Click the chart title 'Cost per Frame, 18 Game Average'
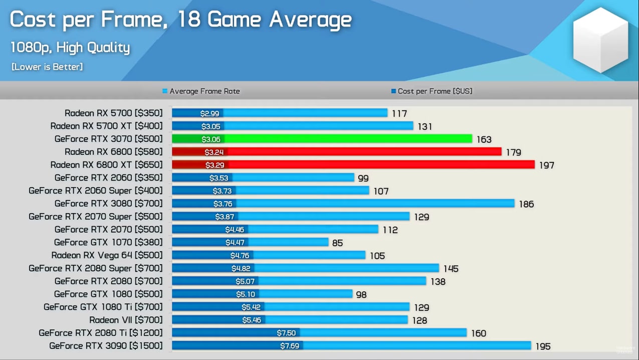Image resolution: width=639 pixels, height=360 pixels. (x=180, y=20)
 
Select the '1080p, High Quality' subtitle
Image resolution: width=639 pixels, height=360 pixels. (x=70, y=48)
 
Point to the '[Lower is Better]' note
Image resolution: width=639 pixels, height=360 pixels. (x=47, y=67)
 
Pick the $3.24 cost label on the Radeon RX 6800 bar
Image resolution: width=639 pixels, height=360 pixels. (x=214, y=152)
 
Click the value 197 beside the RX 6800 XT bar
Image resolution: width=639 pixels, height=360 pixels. (x=546, y=165)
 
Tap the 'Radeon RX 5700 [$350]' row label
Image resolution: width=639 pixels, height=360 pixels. (x=113, y=113)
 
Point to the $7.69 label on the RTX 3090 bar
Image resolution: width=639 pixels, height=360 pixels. (x=291, y=346)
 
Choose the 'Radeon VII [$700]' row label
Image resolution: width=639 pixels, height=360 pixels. (x=126, y=320)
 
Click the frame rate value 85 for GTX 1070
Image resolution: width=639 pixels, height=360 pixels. (x=337, y=243)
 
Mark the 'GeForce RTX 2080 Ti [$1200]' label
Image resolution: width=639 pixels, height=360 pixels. (x=101, y=333)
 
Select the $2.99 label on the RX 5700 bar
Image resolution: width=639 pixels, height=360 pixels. (x=209, y=113)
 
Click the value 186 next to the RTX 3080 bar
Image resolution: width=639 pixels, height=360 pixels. (x=526, y=204)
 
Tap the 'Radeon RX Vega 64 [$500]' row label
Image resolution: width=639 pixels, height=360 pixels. (x=107, y=255)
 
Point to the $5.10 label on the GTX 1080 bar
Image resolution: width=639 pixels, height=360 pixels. (x=246, y=294)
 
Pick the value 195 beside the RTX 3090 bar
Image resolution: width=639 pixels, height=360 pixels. (x=543, y=346)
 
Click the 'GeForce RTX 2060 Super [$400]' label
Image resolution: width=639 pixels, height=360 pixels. (x=96, y=191)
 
